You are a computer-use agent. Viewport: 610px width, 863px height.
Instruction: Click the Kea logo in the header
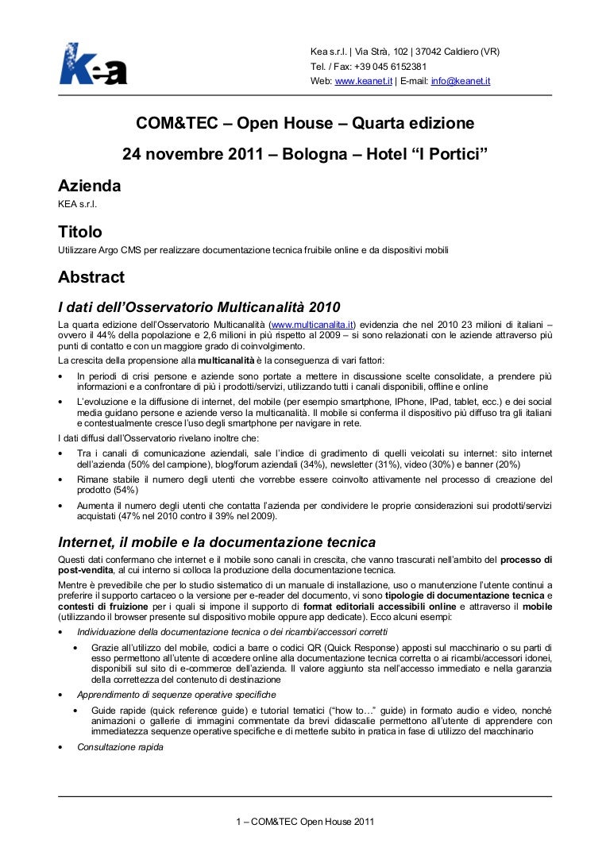pos(93,64)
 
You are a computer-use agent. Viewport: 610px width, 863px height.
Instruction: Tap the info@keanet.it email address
pos(461,81)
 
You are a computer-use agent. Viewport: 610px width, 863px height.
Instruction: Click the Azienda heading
pos(90,187)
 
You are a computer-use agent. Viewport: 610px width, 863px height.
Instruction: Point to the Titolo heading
pos(80,233)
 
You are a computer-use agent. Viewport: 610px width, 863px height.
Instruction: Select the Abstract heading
pos(91,278)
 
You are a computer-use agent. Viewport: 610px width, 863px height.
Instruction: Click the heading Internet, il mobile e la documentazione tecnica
pos(217,543)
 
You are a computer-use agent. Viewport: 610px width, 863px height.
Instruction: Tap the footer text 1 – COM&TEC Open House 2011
pos(305,821)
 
